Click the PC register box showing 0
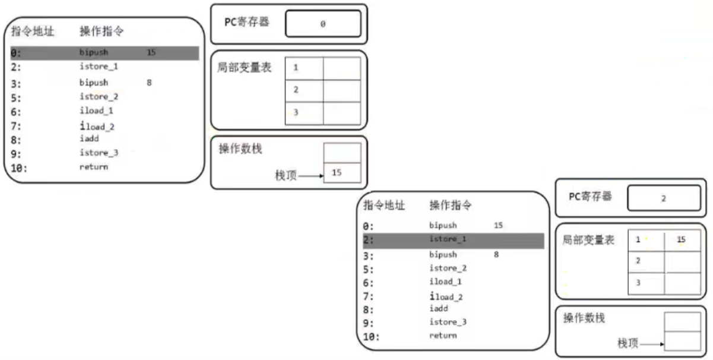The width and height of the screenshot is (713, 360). coord(323,24)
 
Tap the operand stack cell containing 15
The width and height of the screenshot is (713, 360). coord(342,173)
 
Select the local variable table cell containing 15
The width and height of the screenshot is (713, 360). coord(682,240)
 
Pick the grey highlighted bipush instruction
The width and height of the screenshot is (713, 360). coord(94,52)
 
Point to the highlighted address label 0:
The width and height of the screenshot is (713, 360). coord(16,52)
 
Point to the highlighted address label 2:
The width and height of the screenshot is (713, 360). coord(369,240)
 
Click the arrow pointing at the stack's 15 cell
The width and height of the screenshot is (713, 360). coord(310,176)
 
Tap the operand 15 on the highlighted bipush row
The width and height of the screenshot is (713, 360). coord(151,52)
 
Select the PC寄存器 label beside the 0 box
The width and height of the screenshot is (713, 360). coord(246,22)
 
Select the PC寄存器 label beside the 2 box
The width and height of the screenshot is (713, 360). coord(590,196)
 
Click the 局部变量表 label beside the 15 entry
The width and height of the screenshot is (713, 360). coord(588,241)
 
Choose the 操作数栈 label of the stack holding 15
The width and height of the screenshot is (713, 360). coord(240,149)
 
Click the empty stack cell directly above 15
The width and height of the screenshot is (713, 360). coord(342,153)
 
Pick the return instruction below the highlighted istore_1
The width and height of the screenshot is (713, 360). coord(443,336)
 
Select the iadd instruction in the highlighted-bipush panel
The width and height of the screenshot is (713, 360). coord(90,138)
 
